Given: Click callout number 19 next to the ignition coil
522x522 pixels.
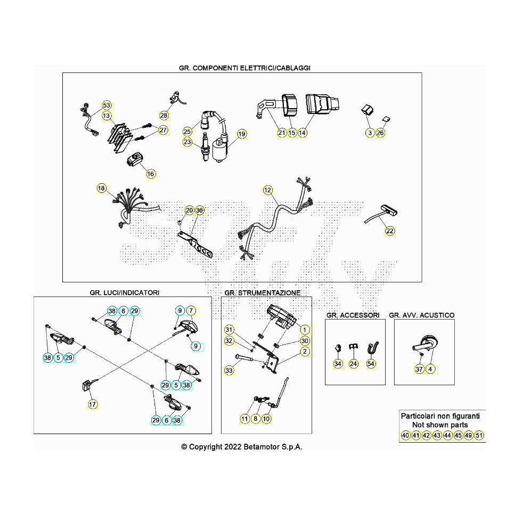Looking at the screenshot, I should (x=242, y=134).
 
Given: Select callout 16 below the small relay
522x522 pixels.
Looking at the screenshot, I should (x=151, y=174).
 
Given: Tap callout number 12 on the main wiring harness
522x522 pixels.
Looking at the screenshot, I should (x=267, y=190).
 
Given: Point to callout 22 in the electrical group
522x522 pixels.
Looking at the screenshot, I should (x=390, y=231).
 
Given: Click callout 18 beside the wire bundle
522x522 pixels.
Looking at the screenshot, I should (x=101, y=188).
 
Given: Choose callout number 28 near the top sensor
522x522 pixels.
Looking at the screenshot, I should (x=164, y=116).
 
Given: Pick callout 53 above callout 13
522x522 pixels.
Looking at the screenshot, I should (x=107, y=105).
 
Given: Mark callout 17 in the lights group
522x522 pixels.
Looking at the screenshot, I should (x=93, y=404).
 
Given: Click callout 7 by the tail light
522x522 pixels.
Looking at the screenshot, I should (x=192, y=311).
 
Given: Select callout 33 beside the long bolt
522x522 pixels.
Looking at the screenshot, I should (x=229, y=370).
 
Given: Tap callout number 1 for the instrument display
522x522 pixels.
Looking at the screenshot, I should (x=304, y=329).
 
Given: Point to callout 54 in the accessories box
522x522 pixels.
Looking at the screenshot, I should (x=371, y=364).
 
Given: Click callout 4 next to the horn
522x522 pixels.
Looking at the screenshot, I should (x=430, y=369).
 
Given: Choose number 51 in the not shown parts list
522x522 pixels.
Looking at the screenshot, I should (x=479, y=436).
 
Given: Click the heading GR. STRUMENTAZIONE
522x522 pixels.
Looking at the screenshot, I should (x=263, y=293).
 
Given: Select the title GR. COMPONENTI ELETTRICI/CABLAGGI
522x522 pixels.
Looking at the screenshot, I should (x=245, y=68).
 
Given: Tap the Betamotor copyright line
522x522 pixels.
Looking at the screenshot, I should (x=242, y=447).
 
